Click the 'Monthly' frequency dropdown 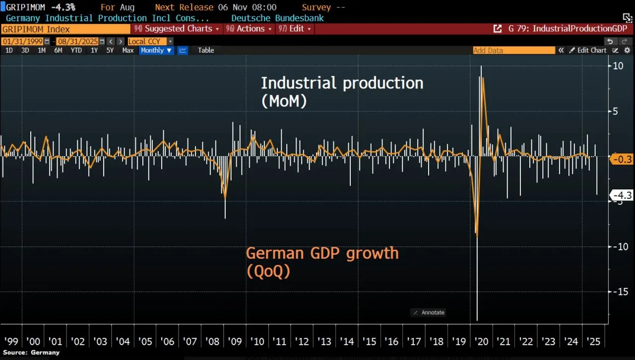coord(156,50)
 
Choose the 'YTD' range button coord(76,50)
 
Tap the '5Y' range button coord(110,50)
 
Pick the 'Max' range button coord(127,50)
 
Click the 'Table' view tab coord(206,50)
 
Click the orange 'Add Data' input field coord(513,50)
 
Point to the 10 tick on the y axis coord(618,66)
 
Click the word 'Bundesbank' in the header coord(300,18)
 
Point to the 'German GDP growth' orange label coord(322,253)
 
